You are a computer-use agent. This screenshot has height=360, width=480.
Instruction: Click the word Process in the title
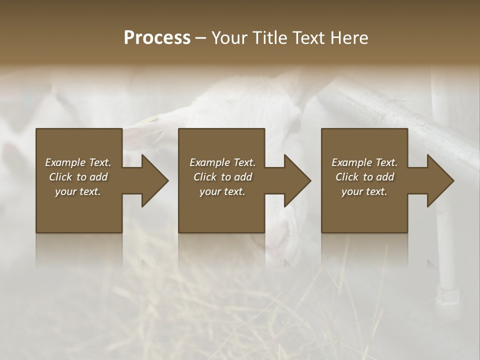tap(157, 38)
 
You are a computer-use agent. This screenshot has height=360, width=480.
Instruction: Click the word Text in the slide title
tap(308, 38)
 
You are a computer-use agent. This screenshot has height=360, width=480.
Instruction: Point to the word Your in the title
tap(229, 38)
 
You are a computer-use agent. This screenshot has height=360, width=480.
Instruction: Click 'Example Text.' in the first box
tap(78, 162)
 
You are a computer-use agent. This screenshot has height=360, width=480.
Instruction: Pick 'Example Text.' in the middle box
tap(222, 162)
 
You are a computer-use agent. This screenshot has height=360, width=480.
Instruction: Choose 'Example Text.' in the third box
tap(364, 162)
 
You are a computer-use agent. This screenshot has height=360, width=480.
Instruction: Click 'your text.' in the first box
tap(78, 191)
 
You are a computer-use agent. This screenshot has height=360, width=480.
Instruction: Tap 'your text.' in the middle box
tap(222, 191)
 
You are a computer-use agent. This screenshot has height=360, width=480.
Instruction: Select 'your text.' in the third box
tap(364, 191)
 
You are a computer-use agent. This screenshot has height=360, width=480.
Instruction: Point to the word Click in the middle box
tap(205, 177)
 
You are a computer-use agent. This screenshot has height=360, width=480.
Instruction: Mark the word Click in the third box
tap(347, 177)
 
